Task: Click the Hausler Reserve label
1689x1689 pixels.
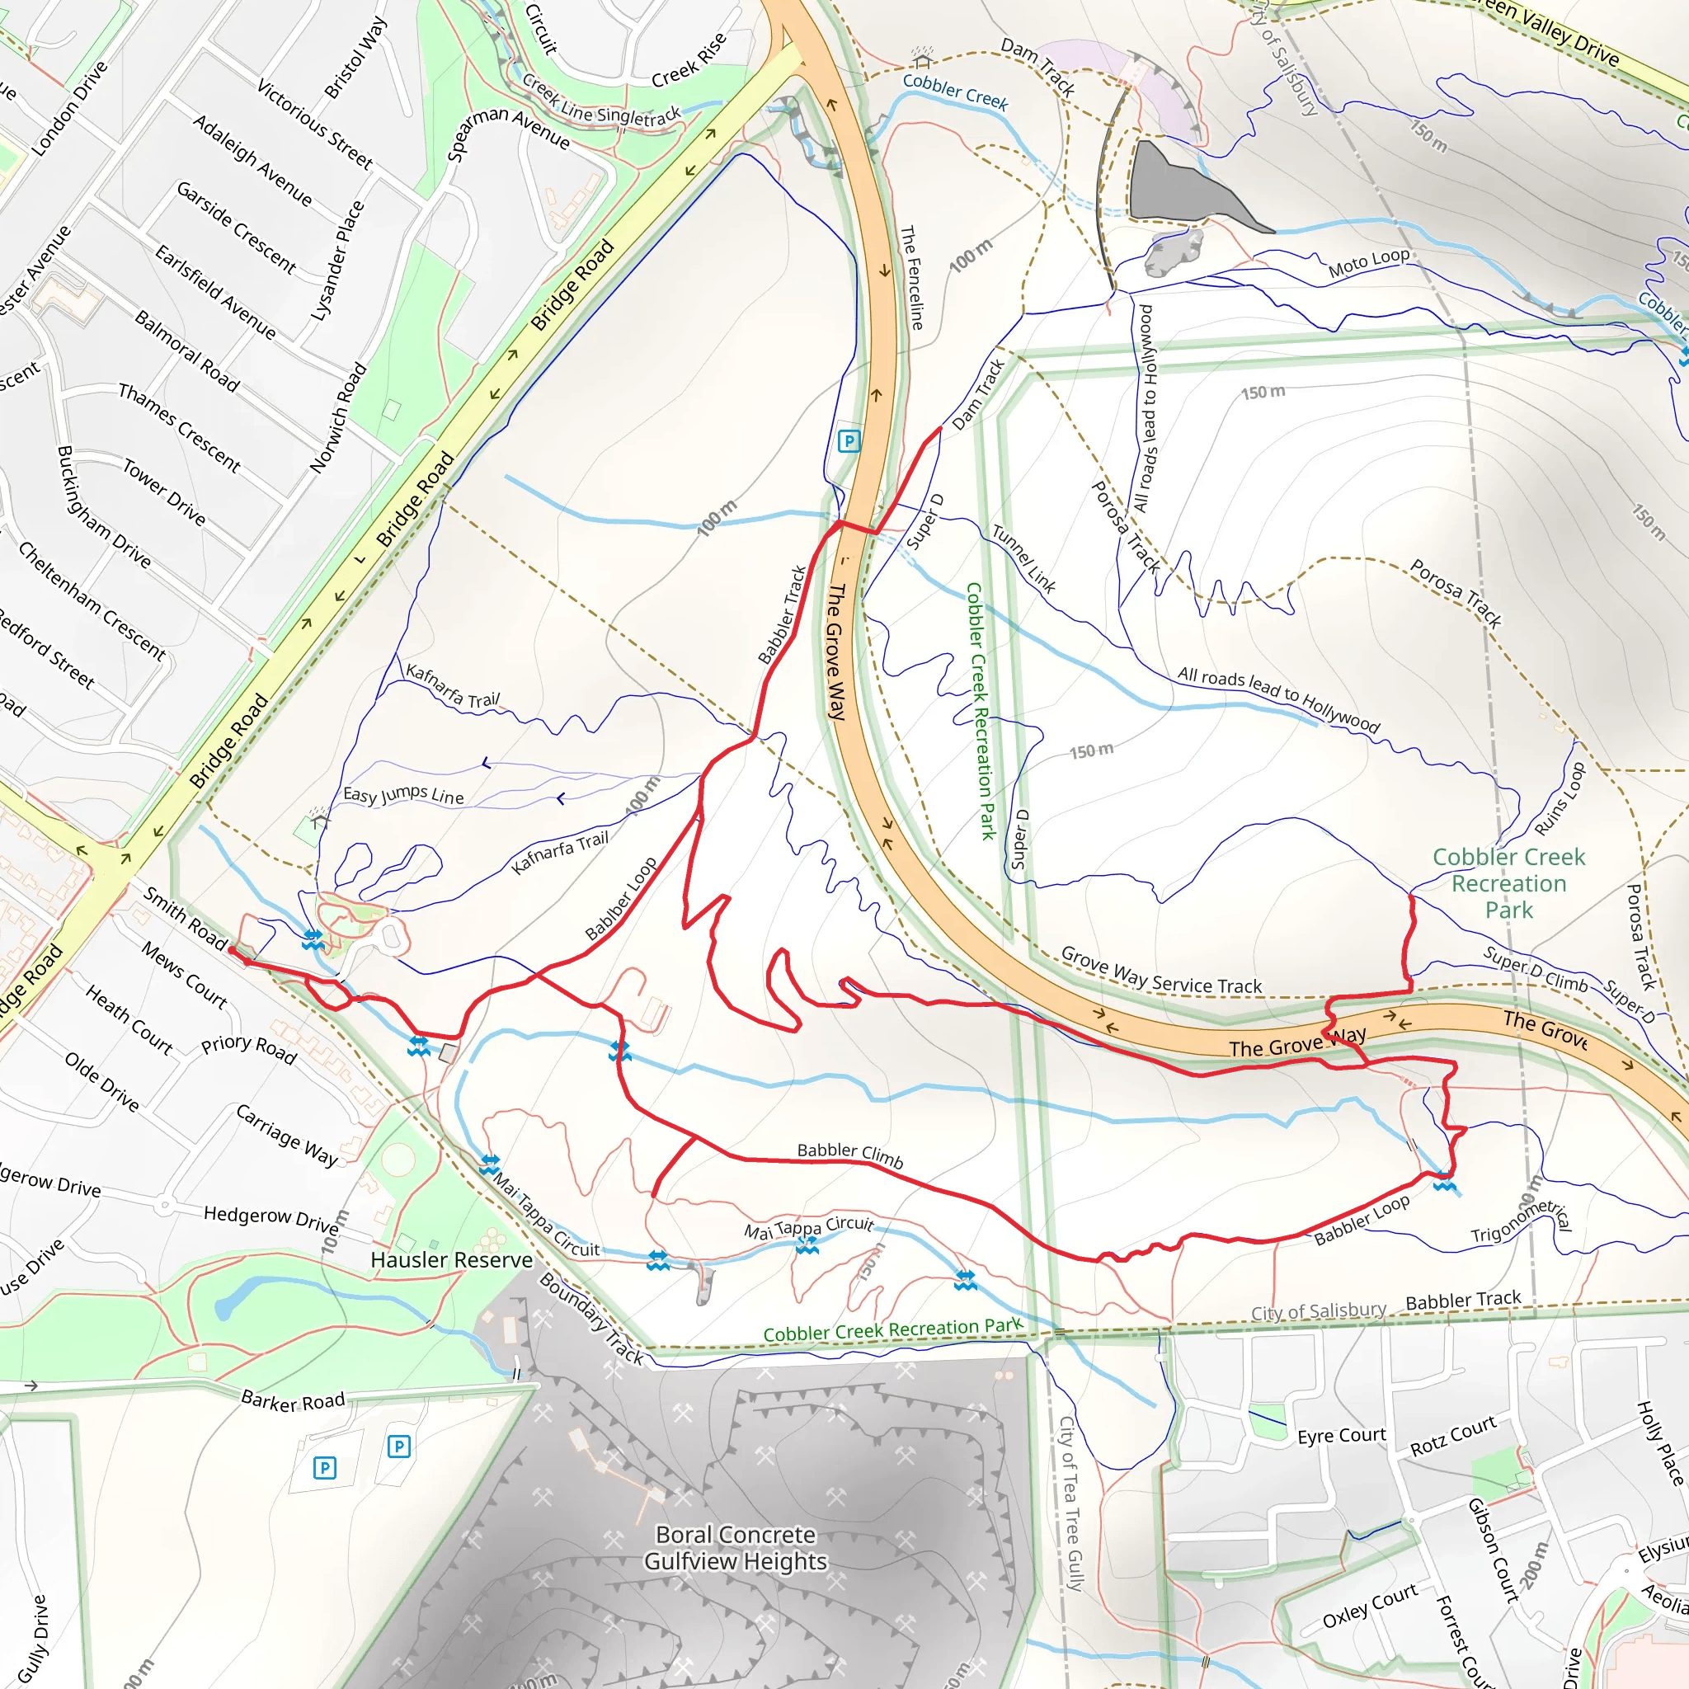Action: (451, 1260)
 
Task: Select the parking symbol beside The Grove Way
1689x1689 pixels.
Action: (847, 440)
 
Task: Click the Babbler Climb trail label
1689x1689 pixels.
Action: (849, 1155)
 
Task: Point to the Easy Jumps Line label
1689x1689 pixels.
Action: (403, 795)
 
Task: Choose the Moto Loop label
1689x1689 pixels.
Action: (1369, 262)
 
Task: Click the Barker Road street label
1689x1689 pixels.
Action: (293, 1401)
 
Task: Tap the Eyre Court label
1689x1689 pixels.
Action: (1341, 1436)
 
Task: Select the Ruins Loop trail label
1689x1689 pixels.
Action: (1560, 799)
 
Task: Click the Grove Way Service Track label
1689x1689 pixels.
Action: (1161, 972)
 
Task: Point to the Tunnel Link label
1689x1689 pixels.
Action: (1023, 558)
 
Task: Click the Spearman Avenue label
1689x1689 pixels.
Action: (508, 130)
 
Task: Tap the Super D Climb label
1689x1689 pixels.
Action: (1535, 969)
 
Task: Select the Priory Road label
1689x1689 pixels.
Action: (249, 1049)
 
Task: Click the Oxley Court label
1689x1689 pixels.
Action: (1369, 1606)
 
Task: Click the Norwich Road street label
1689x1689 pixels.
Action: (338, 419)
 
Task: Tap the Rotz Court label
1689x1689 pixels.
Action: (1453, 1437)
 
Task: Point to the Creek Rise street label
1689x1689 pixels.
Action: (689, 60)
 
